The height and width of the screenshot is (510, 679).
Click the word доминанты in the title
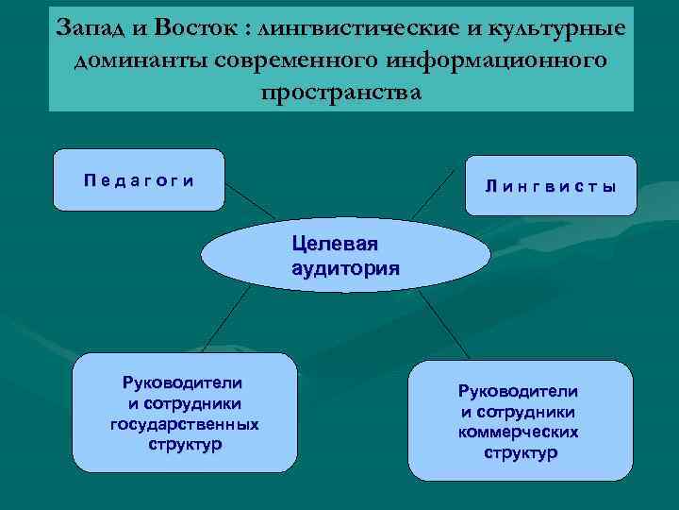139,60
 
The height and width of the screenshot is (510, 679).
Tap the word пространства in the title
340,93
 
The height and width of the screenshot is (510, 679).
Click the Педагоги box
139,179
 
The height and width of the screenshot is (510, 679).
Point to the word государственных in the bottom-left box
184,424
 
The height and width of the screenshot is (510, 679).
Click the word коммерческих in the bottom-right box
519,432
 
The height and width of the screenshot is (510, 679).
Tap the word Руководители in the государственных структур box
184,382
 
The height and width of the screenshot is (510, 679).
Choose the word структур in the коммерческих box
520,452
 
